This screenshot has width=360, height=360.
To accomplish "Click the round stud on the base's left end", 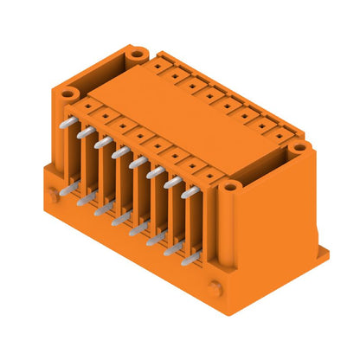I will pos(54,196).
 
